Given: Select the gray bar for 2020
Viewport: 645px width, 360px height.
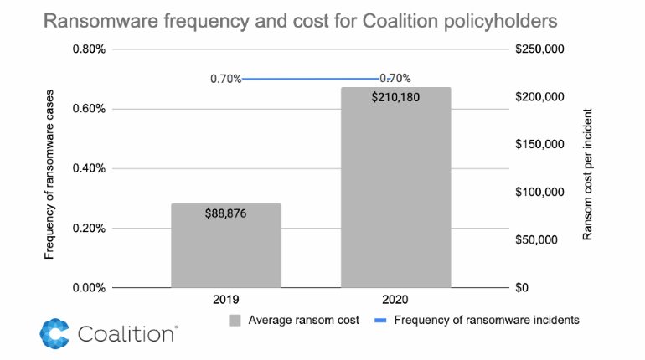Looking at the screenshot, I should (x=395, y=193).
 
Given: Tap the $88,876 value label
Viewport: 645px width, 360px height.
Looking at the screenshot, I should (x=226, y=213).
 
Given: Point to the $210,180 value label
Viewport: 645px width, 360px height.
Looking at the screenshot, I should (x=395, y=97).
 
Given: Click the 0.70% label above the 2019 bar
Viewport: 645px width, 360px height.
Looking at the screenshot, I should (x=225, y=79).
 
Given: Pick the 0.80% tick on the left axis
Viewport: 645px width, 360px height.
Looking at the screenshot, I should (x=88, y=49).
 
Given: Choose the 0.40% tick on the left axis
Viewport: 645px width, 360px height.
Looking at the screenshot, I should (x=88, y=168).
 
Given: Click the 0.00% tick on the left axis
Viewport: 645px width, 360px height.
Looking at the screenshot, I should (x=88, y=288).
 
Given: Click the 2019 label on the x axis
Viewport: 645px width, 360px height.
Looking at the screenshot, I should (x=226, y=299).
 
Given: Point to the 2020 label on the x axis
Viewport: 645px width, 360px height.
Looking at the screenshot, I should (x=395, y=299).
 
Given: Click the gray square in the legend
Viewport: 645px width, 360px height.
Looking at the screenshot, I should (x=235, y=319).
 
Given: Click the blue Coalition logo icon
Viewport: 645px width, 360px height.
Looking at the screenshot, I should (x=54, y=333).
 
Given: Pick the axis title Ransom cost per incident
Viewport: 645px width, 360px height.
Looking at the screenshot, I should (x=587, y=173).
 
